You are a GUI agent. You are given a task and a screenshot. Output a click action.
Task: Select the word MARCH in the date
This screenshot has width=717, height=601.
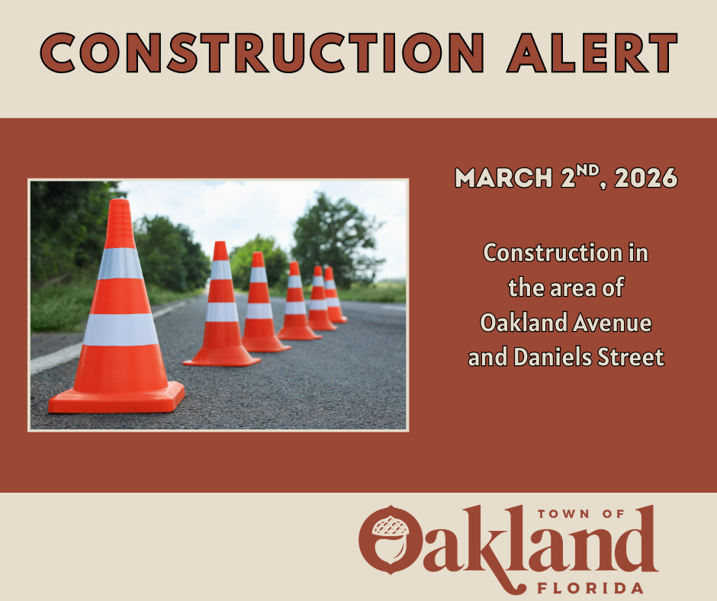pyautogui.click(x=504, y=178)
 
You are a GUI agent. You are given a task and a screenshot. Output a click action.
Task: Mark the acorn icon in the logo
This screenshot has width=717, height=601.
pyautogui.click(x=389, y=543)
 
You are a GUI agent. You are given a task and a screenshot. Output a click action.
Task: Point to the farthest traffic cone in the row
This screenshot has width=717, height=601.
pyautogui.click(x=332, y=296)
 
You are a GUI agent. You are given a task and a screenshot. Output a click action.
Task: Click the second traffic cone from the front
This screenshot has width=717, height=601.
pyautogui.click(x=221, y=309)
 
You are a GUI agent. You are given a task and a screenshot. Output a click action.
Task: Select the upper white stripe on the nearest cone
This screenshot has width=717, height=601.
pyautogui.click(x=120, y=263)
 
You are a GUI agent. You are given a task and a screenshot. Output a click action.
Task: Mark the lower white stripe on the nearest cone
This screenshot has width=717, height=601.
pyautogui.click(x=121, y=329)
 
